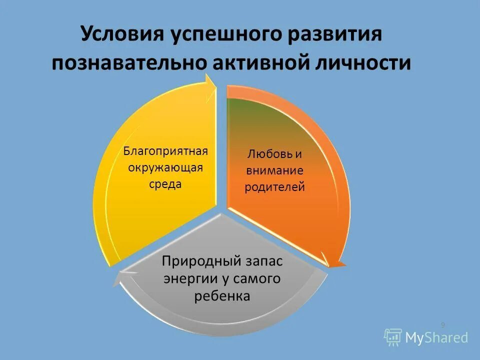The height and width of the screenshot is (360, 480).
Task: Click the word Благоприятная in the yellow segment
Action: [165, 150]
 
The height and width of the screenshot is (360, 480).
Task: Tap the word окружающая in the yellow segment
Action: [165, 167]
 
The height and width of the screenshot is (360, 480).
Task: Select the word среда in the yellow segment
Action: [165, 183]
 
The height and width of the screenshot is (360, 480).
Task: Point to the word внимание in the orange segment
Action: [274, 170]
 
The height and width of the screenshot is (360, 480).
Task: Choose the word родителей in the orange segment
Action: [274, 187]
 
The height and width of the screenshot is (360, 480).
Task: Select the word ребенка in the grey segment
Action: [221, 296]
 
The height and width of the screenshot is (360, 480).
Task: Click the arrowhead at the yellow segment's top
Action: [210, 88]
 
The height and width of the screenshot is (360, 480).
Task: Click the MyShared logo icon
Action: [393, 337]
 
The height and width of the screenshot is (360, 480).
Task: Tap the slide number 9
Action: [442, 325]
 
